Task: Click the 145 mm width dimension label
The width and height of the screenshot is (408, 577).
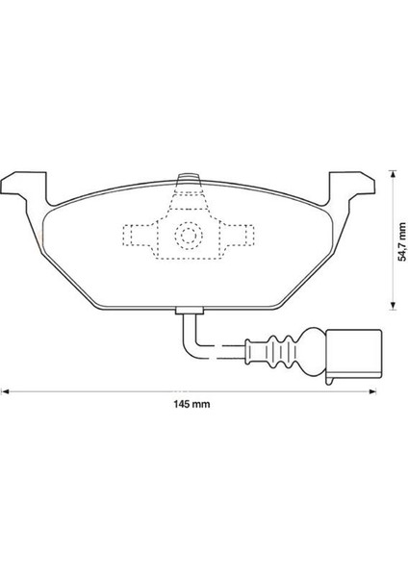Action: (191, 405)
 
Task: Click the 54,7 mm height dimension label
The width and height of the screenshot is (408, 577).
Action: (403, 241)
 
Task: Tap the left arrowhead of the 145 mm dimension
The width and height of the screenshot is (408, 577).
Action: (5, 391)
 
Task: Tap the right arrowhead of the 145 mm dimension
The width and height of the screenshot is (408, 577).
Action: (372, 391)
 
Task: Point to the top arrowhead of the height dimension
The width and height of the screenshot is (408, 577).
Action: (393, 174)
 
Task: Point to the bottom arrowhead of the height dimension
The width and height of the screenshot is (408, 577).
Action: (393, 306)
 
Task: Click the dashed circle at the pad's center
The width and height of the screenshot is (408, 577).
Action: (189, 235)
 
